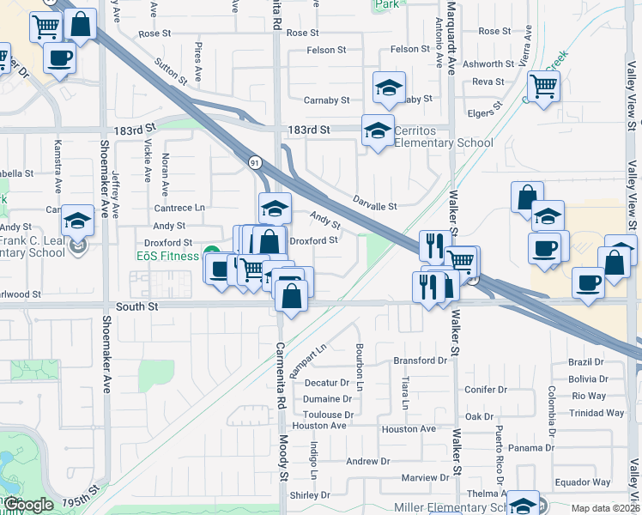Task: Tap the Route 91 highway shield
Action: point(255,161)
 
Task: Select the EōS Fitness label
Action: point(168,255)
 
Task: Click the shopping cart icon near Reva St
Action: point(543,86)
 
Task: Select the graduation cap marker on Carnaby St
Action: point(388,88)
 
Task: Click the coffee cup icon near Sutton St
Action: point(59,58)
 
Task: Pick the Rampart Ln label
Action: point(309,361)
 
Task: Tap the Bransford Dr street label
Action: point(421,360)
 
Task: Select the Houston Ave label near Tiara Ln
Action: point(409,429)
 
